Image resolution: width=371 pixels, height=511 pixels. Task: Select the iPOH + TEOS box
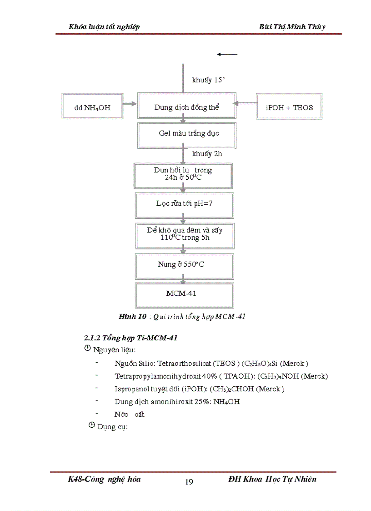click(289, 107)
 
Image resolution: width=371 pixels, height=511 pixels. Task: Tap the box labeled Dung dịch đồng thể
click(186, 107)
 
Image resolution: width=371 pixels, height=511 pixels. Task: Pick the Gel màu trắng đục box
click(186, 133)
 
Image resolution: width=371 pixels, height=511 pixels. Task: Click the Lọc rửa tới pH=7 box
click(185, 203)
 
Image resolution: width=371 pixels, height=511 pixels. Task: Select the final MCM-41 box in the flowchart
click(185, 294)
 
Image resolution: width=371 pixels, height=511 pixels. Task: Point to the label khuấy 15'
click(209, 81)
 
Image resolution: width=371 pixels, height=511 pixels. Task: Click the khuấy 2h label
click(207, 154)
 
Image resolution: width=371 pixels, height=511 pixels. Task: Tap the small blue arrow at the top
click(227, 54)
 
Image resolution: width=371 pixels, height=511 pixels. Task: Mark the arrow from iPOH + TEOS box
click(246, 104)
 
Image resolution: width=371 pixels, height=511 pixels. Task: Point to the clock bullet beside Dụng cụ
click(91, 426)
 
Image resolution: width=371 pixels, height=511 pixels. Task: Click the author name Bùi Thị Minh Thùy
click(292, 27)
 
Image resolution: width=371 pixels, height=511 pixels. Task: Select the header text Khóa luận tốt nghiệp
click(104, 27)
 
